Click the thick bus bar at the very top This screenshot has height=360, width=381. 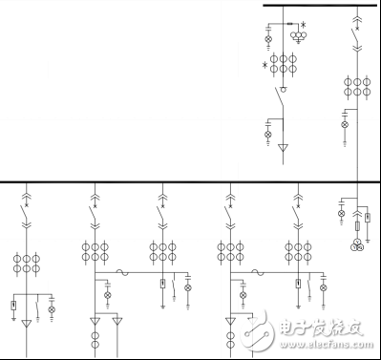[x=320, y=6]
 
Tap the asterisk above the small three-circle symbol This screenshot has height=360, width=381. [x=305, y=25]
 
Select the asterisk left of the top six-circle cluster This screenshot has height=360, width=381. [x=265, y=66]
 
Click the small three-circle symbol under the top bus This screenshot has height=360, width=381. [x=299, y=37]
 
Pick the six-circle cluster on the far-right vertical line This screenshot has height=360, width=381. [x=358, y=87]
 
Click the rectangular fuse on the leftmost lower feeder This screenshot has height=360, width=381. [x=13, y=306]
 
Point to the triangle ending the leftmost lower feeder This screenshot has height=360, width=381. [x=27, y=324]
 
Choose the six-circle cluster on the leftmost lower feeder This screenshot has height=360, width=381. [x=27, y=265]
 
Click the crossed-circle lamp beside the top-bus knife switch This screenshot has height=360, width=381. [x=268, y=135]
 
